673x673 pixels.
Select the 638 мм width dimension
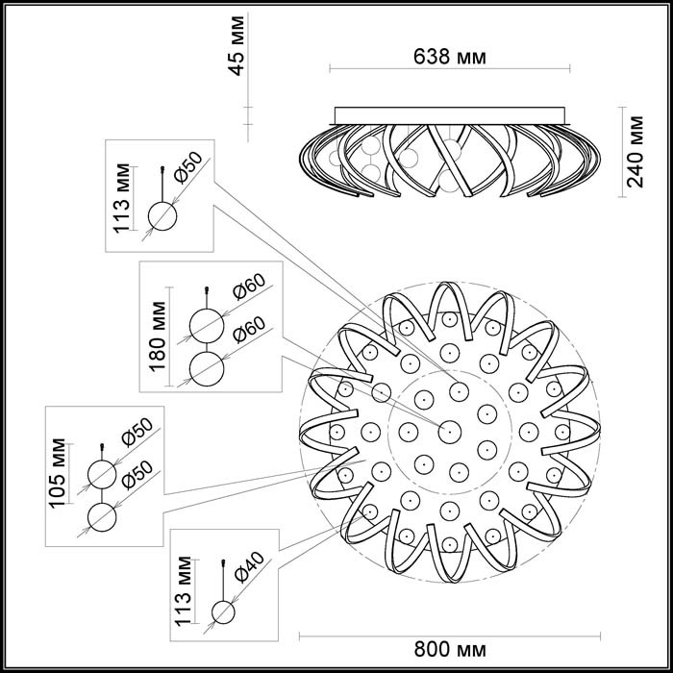click(x=449, y=57)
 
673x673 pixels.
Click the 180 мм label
click(x=160, y=335)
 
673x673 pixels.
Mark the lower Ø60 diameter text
click(x=248, y=332)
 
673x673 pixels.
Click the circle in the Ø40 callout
click(x=223, y=612)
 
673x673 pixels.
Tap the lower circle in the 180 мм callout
click(x=206, y=368)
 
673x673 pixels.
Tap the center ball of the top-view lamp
click(x=448, y=432)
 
